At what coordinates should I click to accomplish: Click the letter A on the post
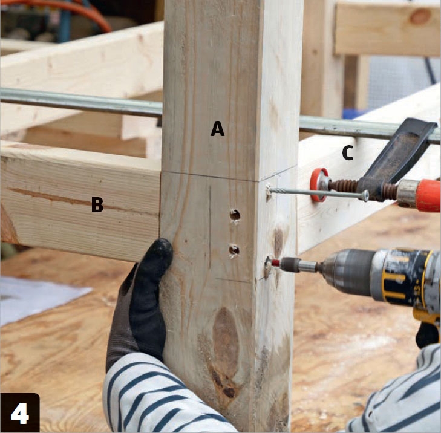pos(218,128)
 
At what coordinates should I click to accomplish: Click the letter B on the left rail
pos(97,204)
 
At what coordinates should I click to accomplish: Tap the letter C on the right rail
pos(348,154)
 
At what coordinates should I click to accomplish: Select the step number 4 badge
pos(20,413)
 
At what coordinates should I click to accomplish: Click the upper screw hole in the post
pos(235,215)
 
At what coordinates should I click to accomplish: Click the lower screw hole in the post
pos(234,250)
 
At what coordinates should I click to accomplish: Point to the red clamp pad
pos(318,184)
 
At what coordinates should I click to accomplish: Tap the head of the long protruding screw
pos(365,195)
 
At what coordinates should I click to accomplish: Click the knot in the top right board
pos(420,16)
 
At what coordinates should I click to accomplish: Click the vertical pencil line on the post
pos(210,228)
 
